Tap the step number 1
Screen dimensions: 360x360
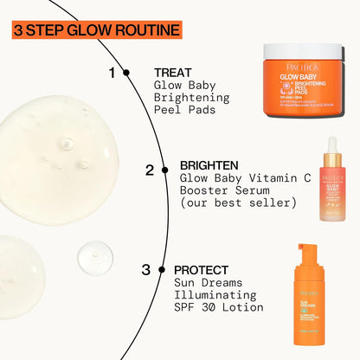pyautogui.click(x=112, y=73)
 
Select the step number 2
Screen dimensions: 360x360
pyautogui.click(x=150, y=170)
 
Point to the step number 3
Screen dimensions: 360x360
pyautogui.click(x=145, y=269)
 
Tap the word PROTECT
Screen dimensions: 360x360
pyautogui.click(x=202, y=269)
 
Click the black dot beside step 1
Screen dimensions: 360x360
pyautogui.click(x=127, y=73)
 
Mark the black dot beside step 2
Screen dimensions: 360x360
pyautogui.click(x=163, y=170)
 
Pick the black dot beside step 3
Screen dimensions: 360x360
pyautogui.click(x=161, y=269)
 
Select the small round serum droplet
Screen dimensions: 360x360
pyautogui.click(x=94, y=257)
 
